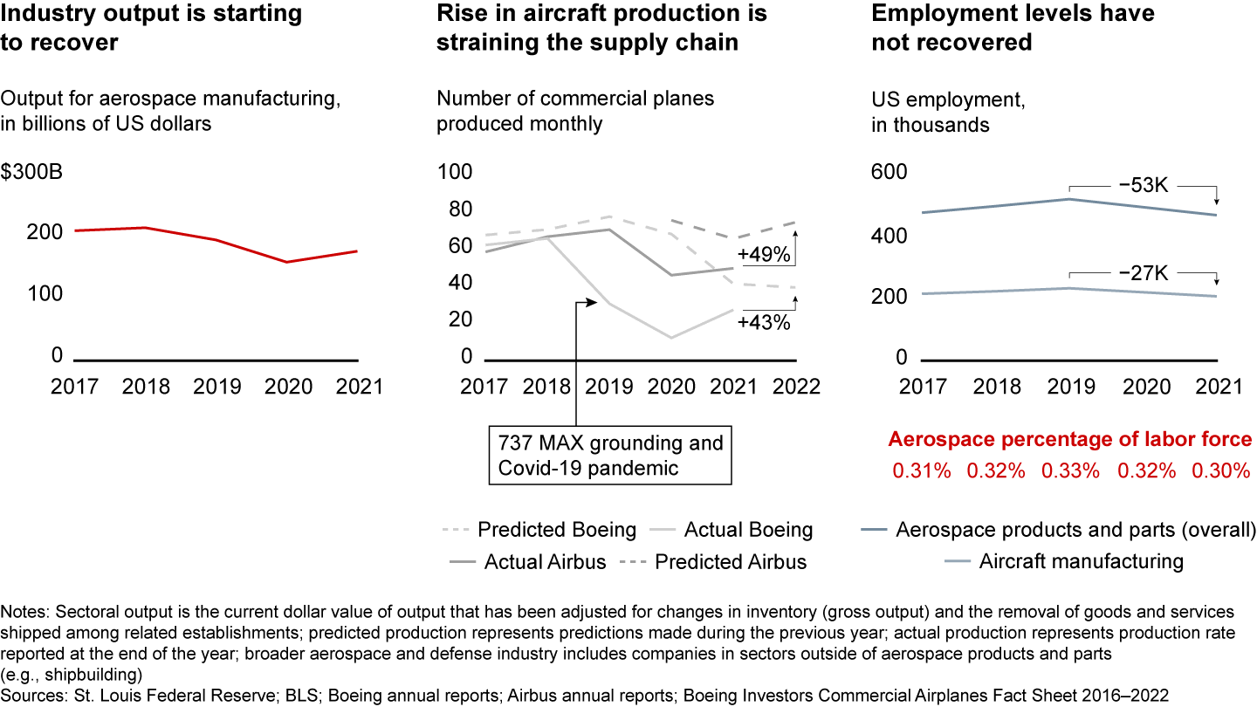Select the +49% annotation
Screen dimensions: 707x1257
pos(764,256)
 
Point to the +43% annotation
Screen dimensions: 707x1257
pos(764,322)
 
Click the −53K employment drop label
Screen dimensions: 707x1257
pos(1143,186)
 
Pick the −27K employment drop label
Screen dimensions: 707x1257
pos(1143,274)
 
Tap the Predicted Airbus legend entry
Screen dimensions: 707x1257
pos(713,561)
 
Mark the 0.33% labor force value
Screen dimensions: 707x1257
pos(1070,470)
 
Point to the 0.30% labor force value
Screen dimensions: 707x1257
pos(1221,470)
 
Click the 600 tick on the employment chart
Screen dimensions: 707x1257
pos(890,173)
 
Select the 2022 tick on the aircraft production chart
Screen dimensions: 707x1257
pos(796,387)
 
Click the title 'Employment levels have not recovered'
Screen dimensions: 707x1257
pos(1013,28)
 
